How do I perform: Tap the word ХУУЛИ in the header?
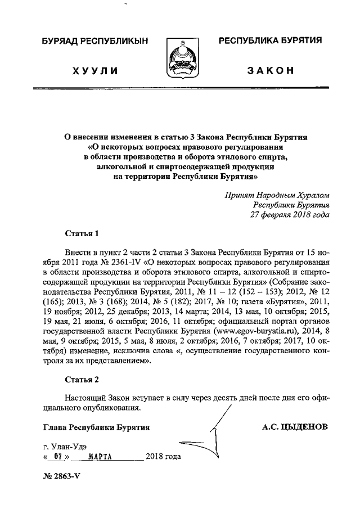(95, 70)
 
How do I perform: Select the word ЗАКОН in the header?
(270, 70)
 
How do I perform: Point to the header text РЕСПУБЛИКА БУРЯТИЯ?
(270, 42)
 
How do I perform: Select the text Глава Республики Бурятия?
(96, 427)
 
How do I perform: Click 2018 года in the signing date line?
(163, 456)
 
